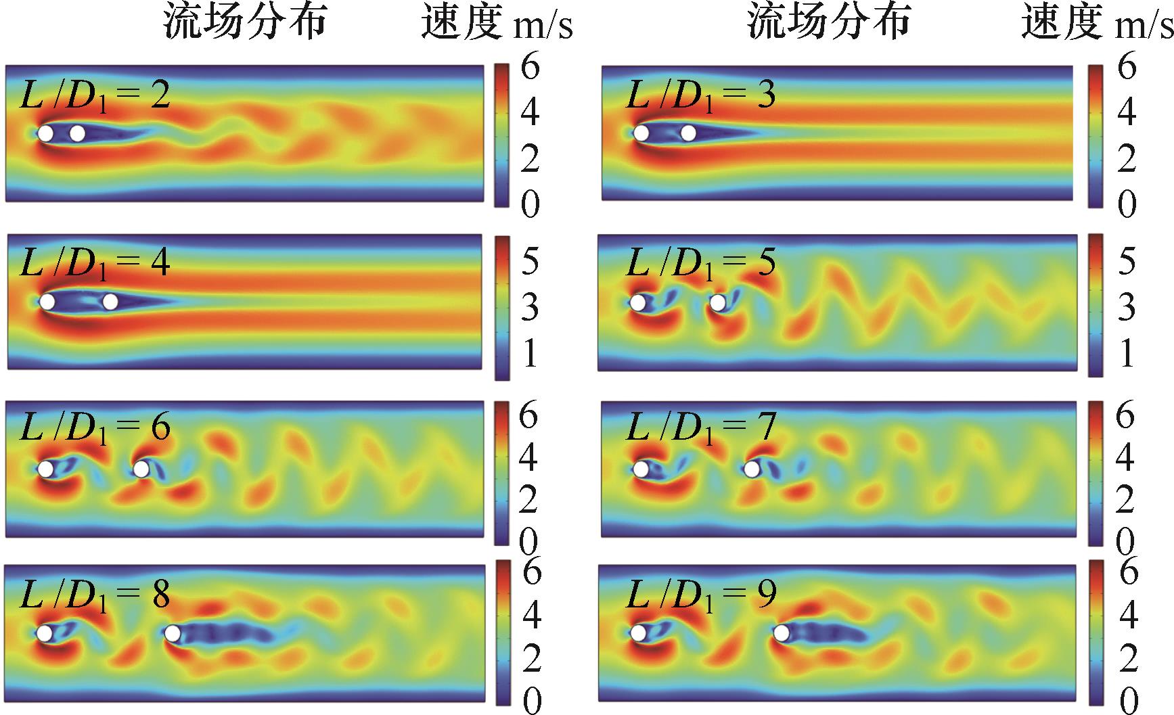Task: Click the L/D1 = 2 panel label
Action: [x=95, y=95]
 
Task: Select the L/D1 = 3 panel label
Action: [x=700, y=95]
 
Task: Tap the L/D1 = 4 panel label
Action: [x=95, y=262]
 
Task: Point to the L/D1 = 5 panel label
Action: [x=700, y=262]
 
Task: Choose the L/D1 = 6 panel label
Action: [x=95, y=428]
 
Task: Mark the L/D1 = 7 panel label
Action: [x=700, y=428]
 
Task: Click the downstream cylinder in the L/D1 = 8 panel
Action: [x=173, y=633]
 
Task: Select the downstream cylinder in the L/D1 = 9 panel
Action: [x=782, y=633]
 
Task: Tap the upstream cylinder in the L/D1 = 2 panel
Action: [x=45, y=133]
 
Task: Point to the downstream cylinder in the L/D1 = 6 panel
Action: [x=141, y=468]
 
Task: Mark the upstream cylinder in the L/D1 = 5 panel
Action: [x=637, y=302]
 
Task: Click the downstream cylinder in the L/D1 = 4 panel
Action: [x=110, y=302]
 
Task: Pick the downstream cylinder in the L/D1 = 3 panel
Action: [x=688, y=133]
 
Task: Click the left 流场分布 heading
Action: [x=245, y=23]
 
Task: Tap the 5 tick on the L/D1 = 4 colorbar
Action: [x=529, y=261]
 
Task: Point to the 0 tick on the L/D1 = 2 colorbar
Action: [x=530, y=204]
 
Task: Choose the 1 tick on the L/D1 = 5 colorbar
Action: [x=1126, y=353]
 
